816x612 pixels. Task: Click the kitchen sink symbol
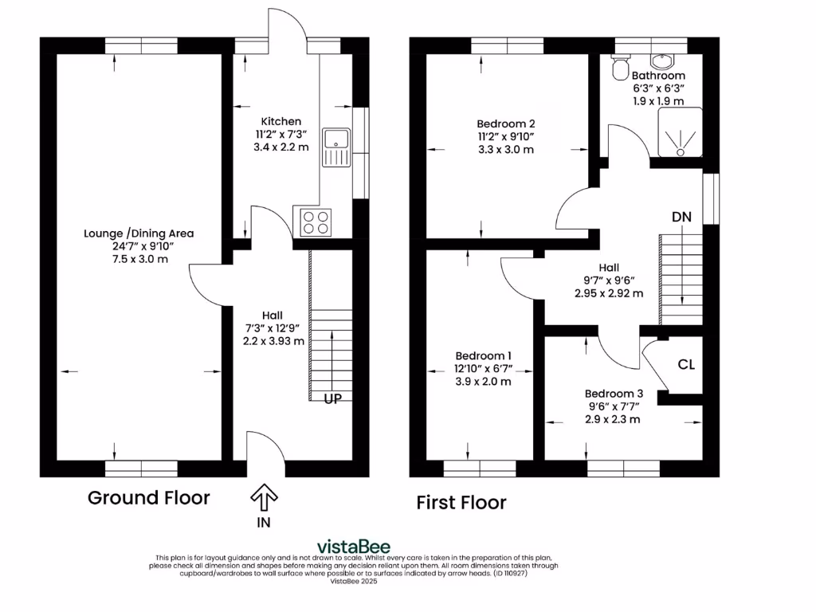[335, 147]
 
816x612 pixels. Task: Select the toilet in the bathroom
[618, 69]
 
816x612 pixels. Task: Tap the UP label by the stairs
[332, 398]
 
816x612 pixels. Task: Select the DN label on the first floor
[681, 217]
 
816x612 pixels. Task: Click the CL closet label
[686, 365]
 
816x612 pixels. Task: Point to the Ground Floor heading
[148, 498]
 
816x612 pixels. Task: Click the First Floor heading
[461, 503]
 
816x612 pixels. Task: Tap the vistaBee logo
[354, 546]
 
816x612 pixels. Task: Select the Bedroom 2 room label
[505, 124]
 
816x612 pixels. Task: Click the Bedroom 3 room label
[614, 394]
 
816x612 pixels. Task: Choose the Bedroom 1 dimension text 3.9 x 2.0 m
[483, 382]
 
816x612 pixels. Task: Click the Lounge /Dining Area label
[139, 233]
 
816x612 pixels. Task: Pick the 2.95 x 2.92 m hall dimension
[609, 293]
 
